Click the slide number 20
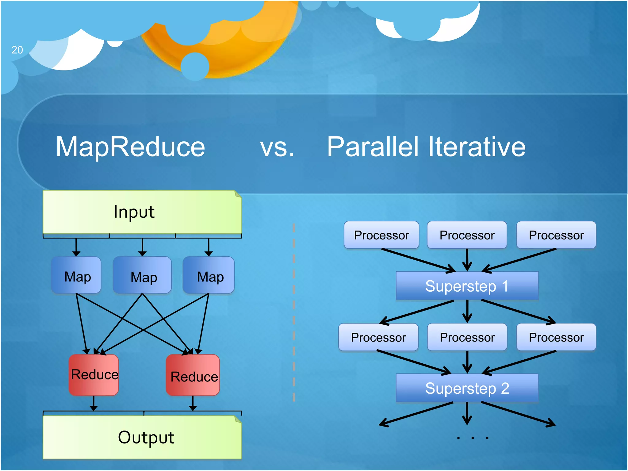[17, 50]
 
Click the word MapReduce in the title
[130, 147]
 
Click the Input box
[142, 212]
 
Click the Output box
[142, 437]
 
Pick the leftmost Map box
[76, 275]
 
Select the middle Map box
[142, 275]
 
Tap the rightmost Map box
[209, 275]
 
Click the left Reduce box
[94, 375]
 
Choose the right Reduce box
[193, 375]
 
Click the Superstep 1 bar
[467, 286]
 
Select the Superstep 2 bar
[467, 388]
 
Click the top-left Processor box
[381, 235]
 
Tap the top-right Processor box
[556, 235]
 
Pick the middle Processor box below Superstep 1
[467, 337]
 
